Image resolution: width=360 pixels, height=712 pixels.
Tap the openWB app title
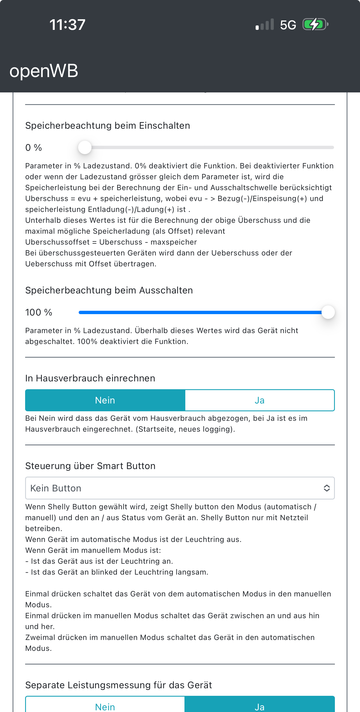pos(44,71)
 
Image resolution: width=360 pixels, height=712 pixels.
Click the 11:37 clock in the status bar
pos(67,25)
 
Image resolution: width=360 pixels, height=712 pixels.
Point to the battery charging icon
pos(315,25)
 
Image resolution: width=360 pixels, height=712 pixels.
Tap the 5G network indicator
pos(288,25)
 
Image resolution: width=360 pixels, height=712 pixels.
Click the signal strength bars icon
pos(265,25)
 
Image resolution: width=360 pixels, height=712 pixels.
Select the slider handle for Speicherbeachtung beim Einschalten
pos(85,147)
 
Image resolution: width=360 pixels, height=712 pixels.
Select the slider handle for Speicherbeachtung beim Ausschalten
pos(328,312)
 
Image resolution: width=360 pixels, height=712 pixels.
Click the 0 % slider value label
pos(33,148)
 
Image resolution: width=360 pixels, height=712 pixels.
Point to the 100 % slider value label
pos(39,312)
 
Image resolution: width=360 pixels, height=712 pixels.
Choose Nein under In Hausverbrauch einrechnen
pos(105,400)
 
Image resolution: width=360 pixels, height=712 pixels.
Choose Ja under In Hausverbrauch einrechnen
pos(260,400)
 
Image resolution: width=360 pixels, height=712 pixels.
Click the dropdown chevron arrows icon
pos(327,488)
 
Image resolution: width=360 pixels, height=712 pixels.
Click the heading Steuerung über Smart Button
pos(90,466)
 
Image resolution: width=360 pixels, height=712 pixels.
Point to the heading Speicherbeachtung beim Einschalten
pos(108,126)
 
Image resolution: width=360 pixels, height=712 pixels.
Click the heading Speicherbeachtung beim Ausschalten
pos(109,290)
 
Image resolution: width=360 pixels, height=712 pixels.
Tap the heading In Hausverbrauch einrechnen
pos(90,378)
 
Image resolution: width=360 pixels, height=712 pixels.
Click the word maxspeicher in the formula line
pos(174,242)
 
